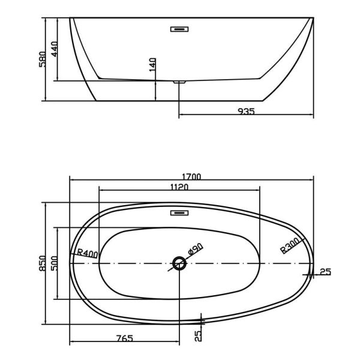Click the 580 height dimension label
[x=42, y=59]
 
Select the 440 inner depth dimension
[x=55, y=49]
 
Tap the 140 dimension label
[x=152, y=65]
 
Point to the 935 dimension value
[x=246, y=112]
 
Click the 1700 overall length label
[x=191, y=176]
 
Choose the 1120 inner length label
[x=179, y=187]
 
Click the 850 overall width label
[x=43, y=263]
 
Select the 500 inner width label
[x=54, y=263]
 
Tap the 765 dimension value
[x=125, y=338]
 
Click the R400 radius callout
[x=87, y=253]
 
